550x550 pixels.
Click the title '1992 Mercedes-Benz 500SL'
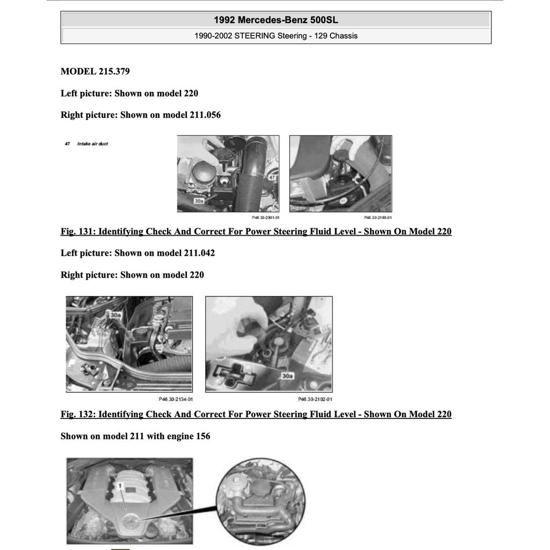[276, 20]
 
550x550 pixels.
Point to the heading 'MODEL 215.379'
[95, 71]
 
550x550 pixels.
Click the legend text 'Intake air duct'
[92, 144]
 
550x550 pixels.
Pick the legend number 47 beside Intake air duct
[67, 144]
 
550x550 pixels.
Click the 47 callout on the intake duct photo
[272, 177]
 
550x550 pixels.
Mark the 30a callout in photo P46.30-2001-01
[199, 201]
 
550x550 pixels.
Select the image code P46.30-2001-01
[265, 218]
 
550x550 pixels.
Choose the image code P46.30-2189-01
[378, 218]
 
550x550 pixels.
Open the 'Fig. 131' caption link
[256, 231]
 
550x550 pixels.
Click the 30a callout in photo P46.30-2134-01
[115, 315]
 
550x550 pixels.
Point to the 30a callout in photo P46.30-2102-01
[287, 376]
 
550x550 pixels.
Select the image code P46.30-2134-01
[176, 399]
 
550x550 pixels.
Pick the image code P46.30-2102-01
[315, 399]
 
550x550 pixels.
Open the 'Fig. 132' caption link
[256, 414]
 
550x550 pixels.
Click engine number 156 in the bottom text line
[202, 436]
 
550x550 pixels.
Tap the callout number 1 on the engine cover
[121, 486]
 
